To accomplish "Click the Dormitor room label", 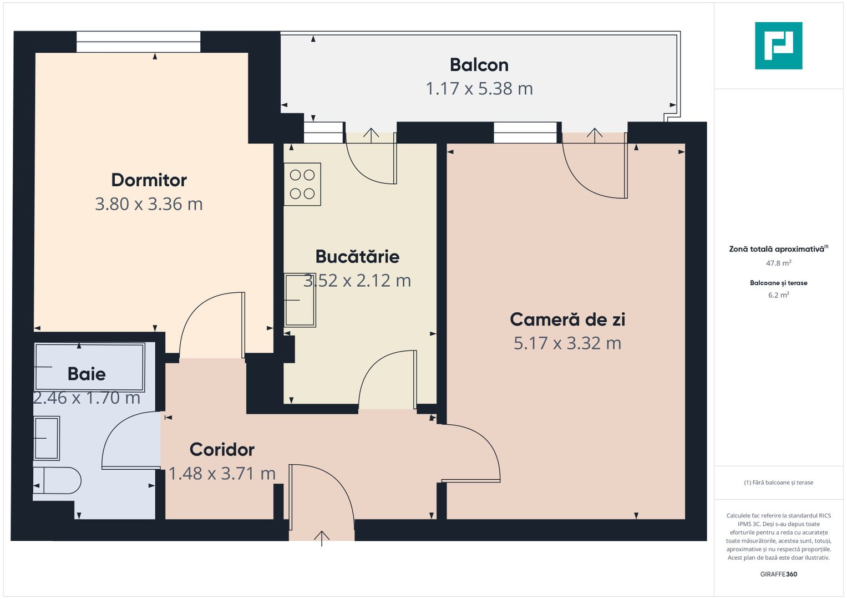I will [149, 180].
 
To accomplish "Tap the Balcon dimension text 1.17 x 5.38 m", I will [479, 89].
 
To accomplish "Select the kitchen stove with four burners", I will [302, 185].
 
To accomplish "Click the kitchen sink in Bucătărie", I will [300, 300].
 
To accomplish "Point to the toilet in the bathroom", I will [58, 480].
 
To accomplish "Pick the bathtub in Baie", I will [89, 367].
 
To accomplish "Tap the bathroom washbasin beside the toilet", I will [47, 438].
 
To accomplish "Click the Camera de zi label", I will [567, 319].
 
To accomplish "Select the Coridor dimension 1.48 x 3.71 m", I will [222, 474].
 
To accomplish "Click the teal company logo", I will [778, 45].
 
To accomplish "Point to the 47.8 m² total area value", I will [778, 263].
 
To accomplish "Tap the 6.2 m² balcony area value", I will [778, 295].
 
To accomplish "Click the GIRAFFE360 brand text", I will [778, 574].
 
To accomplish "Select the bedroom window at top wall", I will [138, 42].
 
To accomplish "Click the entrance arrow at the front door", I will [322, 537].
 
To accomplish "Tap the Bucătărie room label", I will [357, 257].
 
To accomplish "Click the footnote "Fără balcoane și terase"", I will [778, 483].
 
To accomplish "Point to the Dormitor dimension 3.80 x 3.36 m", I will [149, 204].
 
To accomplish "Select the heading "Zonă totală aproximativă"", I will [777, 249].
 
